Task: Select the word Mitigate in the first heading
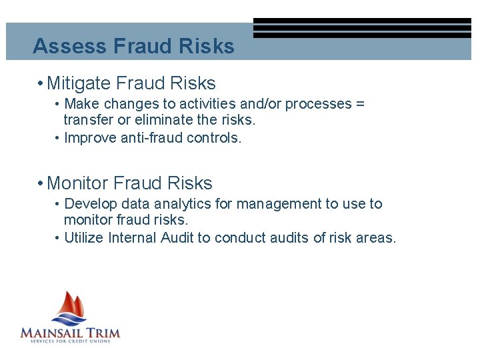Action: click(79, 83)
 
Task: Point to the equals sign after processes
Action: click(360, 104)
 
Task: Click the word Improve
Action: click(89, 138)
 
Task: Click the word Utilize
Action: click(84, 238)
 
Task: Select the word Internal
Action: click(132, 238)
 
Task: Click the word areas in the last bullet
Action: click(376, 238)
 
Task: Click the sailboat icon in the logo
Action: click(71, 307)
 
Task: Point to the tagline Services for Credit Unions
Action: click(70, 341)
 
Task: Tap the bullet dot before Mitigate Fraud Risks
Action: click(41, 84)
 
